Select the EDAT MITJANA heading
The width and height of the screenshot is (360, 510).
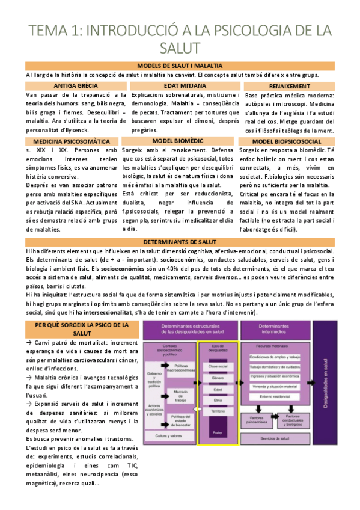pos(180,86)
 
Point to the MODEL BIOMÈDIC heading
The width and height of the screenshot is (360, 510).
pos(180,141)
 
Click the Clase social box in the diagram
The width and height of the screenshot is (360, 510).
pos(217,366)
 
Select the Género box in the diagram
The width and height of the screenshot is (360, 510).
pos(217,378)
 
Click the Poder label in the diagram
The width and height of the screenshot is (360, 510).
pos(217,431)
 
